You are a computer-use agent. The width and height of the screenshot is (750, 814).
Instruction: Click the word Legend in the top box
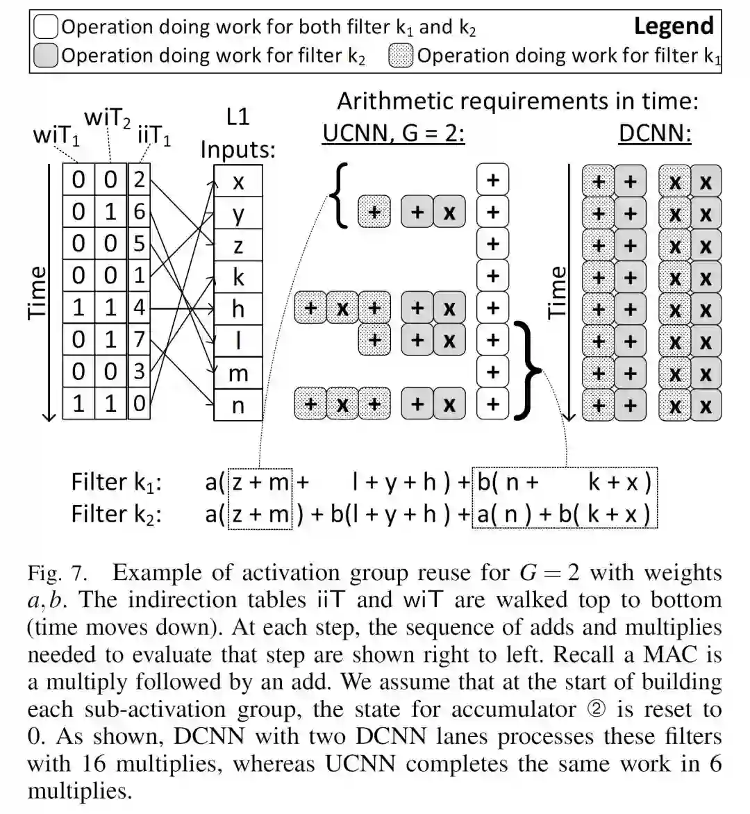pos(673,26)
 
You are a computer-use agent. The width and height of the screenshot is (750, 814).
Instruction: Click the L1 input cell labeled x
pos(238,182)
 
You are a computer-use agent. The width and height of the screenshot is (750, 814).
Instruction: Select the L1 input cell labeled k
pos(238,277)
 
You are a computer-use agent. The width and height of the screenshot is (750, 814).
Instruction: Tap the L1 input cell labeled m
pos(238,373)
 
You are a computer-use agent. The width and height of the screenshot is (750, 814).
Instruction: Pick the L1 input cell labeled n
pos(238,405)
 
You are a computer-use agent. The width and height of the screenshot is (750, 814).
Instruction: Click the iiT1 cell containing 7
pos(139,340)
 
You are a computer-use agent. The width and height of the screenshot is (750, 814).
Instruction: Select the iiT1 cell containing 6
pos(139,212)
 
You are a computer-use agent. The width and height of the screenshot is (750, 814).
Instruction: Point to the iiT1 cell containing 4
pos(139,308)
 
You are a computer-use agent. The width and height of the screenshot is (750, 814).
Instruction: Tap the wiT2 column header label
pos(107,119)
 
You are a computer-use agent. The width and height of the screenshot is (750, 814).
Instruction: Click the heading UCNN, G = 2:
pos(393,132)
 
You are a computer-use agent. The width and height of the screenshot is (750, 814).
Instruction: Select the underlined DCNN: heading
pos(654,132)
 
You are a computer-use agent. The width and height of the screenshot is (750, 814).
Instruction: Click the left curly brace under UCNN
pos(339,197)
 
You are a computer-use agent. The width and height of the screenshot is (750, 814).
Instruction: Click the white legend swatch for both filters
pos(45,27)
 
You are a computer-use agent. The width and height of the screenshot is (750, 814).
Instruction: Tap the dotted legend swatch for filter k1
pos(401,56)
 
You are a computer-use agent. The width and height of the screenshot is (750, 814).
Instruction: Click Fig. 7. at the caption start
pos(58,574)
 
